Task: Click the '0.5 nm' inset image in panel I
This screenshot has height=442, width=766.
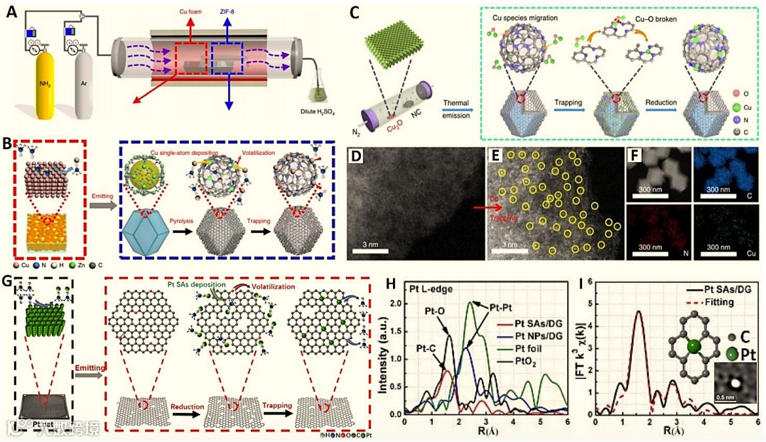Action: tap(735, 381)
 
